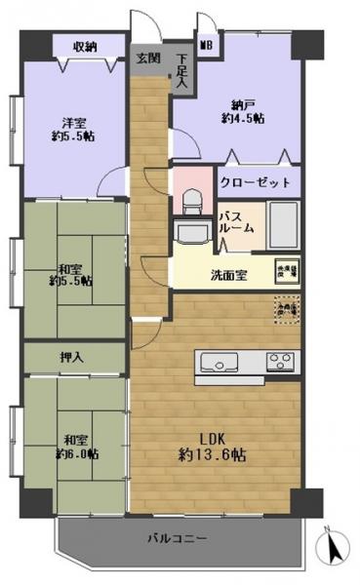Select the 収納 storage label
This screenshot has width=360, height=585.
[x=86, y=46]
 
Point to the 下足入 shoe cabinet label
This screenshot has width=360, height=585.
[x=182, y=73]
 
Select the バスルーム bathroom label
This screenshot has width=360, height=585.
[x=237, y=220]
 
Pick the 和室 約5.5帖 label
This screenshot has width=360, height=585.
[x=70, y=274]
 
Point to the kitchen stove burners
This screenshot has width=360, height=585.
[x=279, y=364]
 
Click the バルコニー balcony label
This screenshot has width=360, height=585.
[x=177, y=537]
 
